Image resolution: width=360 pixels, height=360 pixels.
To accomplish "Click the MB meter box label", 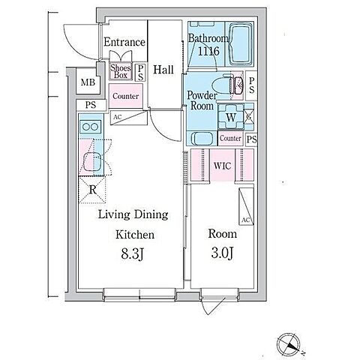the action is (88, 82).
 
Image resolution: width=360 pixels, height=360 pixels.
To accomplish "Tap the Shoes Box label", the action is (121, 71).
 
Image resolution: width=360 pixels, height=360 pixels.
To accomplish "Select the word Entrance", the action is (124, 42).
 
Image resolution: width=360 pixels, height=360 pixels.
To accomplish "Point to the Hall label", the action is (163, 70).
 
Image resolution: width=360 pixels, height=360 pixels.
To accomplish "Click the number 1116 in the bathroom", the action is (208, 51).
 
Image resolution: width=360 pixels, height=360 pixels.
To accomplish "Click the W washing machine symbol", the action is (231, 117).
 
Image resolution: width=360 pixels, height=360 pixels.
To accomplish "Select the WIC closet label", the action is (222, 166).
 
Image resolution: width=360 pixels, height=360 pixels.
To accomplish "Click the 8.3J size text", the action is (132, 254).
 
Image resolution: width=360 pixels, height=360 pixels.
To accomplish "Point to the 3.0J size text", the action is (222, 253).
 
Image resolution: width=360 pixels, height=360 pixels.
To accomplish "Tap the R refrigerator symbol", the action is (92, 190).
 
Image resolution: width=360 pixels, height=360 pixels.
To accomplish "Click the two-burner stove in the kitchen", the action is (91, 127).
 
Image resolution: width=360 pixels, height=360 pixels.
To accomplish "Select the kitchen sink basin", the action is (92, 160).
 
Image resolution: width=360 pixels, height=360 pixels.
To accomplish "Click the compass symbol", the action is (289, 345).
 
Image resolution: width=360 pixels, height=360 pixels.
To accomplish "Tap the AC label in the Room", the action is (246, 220).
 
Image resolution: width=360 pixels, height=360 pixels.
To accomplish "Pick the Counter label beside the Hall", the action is (125, 96).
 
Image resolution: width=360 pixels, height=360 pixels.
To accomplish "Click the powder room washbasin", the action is (202, 139).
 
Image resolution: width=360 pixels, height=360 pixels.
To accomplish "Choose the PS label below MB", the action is (91, 105).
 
